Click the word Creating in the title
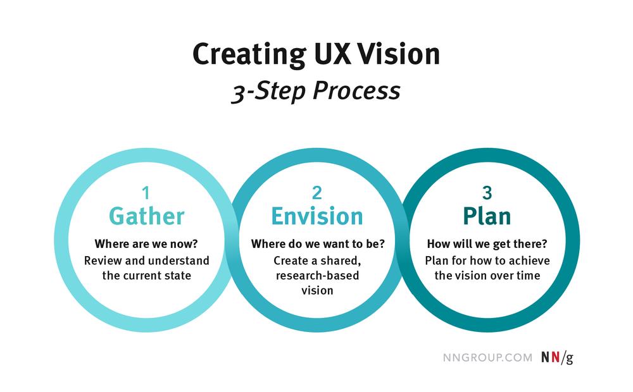249,55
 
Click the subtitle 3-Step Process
316,90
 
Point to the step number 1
146,193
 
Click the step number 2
317,193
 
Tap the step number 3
487,193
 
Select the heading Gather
147,216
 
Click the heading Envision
317,216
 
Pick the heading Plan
487,216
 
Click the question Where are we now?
146,244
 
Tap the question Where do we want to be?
318,244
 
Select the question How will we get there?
487,244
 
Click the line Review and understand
147,260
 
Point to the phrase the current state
147,276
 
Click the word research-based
317,276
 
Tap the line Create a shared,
317,261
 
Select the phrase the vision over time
487,276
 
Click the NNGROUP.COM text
487,358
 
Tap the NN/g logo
557,358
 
